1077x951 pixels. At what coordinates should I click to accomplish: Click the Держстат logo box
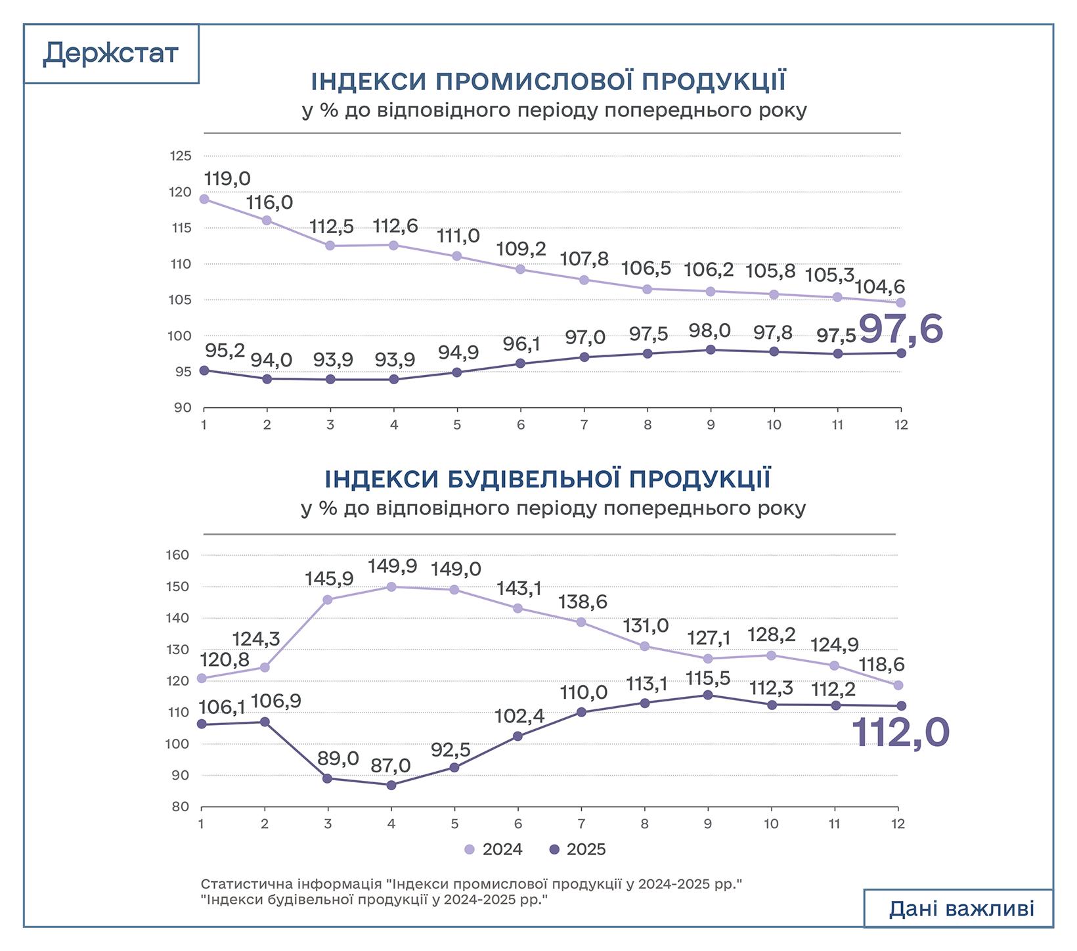(110, 54)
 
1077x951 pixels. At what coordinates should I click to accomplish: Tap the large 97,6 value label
(900, 329)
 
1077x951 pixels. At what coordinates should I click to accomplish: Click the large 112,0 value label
(900, 733)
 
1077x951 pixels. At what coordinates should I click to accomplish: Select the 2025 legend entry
(577, 849)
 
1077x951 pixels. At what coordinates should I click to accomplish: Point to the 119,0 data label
(227, 179)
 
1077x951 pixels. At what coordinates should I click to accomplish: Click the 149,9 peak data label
(392, 565)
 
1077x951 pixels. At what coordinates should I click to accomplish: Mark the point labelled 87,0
(391, 785)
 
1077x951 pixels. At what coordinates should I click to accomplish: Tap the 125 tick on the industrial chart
(181, 156)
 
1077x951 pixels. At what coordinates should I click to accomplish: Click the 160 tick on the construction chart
(179, 555)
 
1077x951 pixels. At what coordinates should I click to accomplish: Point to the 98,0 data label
(709, 330)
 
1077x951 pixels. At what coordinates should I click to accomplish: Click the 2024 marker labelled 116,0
(267, 221)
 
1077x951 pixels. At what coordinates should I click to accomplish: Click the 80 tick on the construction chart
(181, 807)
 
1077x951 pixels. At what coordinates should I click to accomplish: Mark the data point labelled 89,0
(328, 778)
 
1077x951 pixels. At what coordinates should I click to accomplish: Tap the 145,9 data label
(329, 579)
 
